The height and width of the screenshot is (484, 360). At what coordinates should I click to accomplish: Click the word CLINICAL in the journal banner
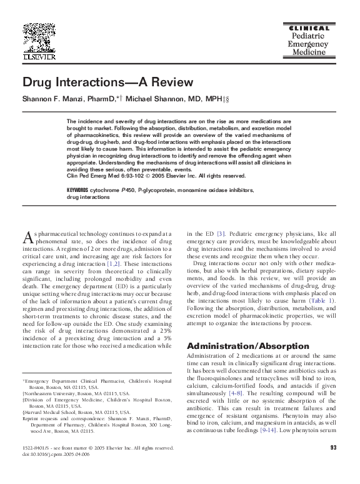coord(307,29)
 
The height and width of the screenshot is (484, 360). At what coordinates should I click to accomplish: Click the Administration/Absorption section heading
coord(238,346)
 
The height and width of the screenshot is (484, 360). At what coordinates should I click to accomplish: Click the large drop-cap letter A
coord(27,236)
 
